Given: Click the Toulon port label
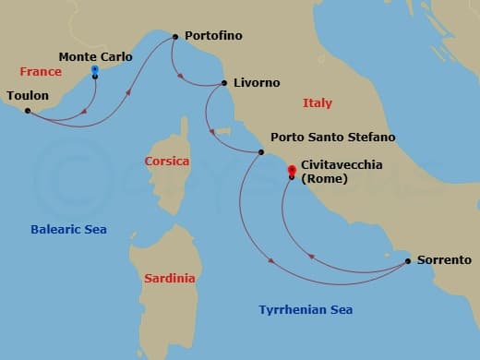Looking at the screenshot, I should tap(28, 94).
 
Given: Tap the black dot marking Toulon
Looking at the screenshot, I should tap(28, 111).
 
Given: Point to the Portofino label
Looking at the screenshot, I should tap(213, 36).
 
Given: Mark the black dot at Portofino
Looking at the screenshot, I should tap(174, 37).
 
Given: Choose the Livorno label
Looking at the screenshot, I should tap(257, 83).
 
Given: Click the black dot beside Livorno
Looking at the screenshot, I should tap(224, 83).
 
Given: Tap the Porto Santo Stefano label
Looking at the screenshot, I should tap(332, 138).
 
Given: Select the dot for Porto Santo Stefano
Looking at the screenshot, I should tap(261, 152).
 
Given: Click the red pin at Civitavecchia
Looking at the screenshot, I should tap(292, 170).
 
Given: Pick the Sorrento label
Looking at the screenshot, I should tap(444, 260).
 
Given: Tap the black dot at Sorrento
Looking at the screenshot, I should tap(407, 261).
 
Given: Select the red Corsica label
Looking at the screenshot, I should tap(167, 162).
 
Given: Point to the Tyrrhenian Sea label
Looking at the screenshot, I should tap(306, 310).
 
